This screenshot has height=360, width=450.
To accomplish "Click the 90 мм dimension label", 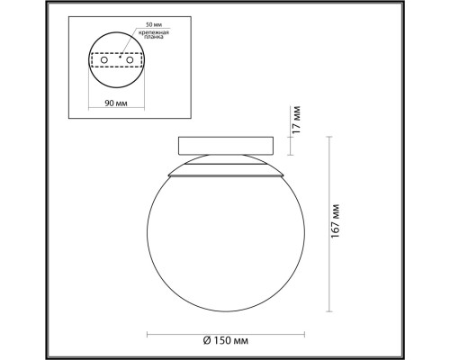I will (x=114, y=103).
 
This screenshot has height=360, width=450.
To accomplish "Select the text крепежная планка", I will (x=153, y=34).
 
